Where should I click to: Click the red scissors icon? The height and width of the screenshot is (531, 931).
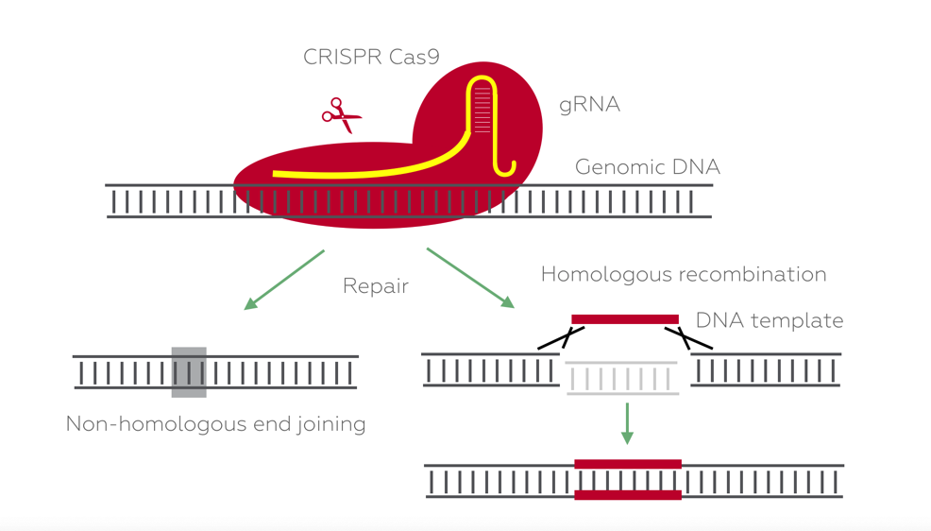tap(342, 115)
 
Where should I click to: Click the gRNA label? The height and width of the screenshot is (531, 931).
tap(589, 105)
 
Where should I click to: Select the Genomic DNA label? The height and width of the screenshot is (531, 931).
tap(647, 167)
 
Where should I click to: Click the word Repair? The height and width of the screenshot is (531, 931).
tap(376, 286)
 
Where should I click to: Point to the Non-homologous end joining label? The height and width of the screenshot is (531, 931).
tap(215, 424)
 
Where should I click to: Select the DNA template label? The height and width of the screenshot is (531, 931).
tap(770, 320)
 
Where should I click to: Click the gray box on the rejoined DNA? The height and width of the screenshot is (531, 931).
tap(189, 372)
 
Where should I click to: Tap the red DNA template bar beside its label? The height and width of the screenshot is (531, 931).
tap(625, 319)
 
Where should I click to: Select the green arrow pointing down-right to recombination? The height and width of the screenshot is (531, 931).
tap(470, 278)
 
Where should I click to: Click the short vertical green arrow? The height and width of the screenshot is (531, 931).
tap(627, 423)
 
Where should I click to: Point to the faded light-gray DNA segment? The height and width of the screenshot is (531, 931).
tap(621, 378)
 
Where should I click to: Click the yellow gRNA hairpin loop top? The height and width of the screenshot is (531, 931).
tap(482, 79)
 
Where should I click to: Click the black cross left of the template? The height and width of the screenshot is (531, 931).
tap(562, 337)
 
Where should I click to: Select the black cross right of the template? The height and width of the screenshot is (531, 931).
tap(687, 337)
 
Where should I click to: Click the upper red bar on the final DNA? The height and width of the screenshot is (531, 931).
tap(628, 465)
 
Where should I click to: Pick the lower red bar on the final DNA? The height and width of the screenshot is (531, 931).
tap(628, 495)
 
